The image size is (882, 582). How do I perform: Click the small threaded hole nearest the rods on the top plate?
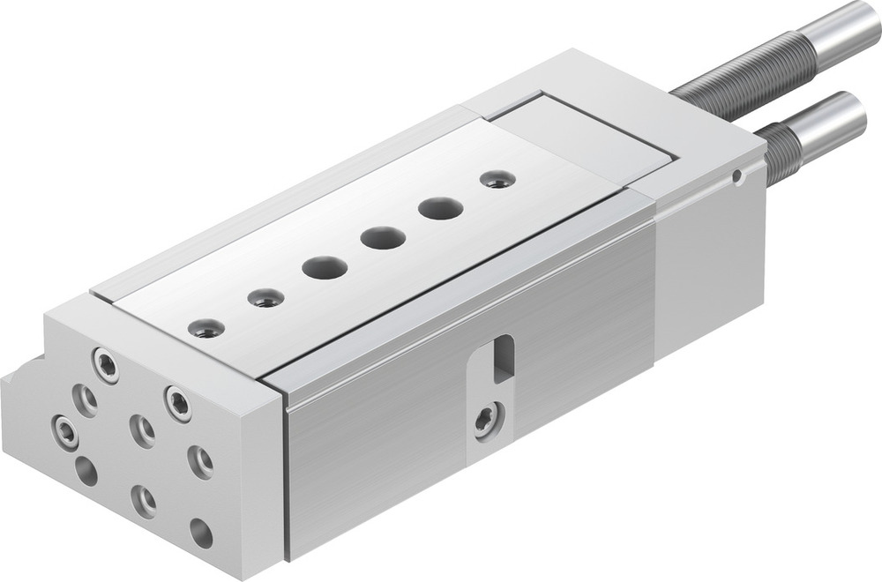[x=498, y=179]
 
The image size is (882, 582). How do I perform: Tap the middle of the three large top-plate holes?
[x=383, y=237]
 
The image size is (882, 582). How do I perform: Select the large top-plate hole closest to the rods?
[x=441, y=209]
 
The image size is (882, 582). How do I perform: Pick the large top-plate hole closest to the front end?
[x=325, y=267]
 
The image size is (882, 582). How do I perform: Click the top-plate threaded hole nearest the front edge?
[x=206, y=328]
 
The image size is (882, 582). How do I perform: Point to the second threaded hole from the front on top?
[x=265, y=298]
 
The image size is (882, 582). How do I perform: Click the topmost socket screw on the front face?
[x=106, y=364]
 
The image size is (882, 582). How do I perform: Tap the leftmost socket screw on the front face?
[x=65, y=431]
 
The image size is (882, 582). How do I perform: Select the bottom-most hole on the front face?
[x=201, y=533]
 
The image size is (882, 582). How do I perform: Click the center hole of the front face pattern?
[x=142, y=430]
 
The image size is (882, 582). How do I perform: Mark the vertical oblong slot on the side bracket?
[x=503, y=357]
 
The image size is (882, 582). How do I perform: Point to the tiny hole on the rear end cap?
[x=737, y=176]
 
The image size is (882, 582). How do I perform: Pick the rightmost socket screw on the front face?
[x=199, y=461]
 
